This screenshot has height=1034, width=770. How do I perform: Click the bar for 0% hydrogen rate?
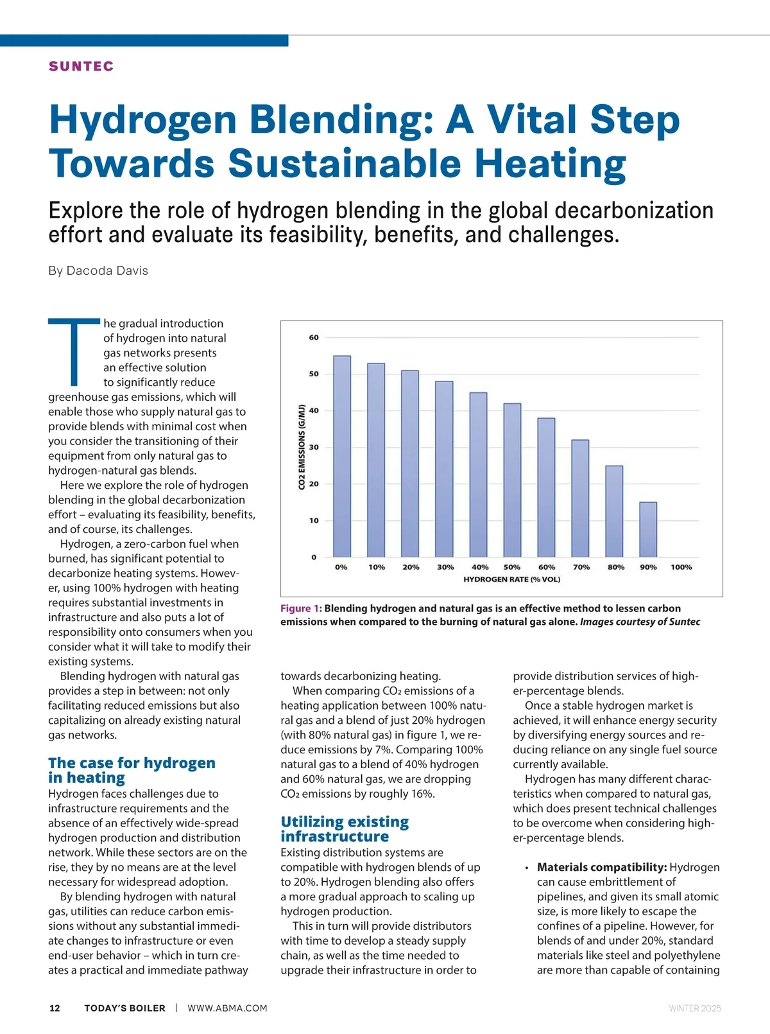click(342, 456)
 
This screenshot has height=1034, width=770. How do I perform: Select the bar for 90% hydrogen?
click(648, 529)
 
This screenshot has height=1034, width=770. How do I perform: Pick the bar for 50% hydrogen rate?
click(512, 480)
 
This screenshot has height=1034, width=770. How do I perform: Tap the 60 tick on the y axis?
click(314, 337)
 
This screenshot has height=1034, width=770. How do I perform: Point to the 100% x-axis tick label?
click(681, 567)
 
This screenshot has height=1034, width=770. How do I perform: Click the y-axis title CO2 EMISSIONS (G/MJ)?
click(302, 447)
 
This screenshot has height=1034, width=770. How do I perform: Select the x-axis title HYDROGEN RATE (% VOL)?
click(511, 579)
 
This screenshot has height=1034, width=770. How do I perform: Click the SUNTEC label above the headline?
click(81, 66)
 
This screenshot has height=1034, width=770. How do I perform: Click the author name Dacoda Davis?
click(107, 270)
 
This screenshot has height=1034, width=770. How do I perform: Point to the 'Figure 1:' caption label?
click(301, 608)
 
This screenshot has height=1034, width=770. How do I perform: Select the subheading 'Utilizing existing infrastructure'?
click(345, 829)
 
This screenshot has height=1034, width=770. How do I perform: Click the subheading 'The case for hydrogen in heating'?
click(132, 770)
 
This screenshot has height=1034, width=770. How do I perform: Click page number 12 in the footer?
click(55, 1008)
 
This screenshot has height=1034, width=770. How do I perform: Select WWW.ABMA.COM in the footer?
click(227, 1008)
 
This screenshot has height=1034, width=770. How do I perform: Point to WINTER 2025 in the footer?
click(695, 1008)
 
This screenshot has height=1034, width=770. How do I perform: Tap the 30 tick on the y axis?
click(314, 447)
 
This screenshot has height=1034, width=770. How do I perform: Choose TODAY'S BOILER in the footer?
click(124, 1008)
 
